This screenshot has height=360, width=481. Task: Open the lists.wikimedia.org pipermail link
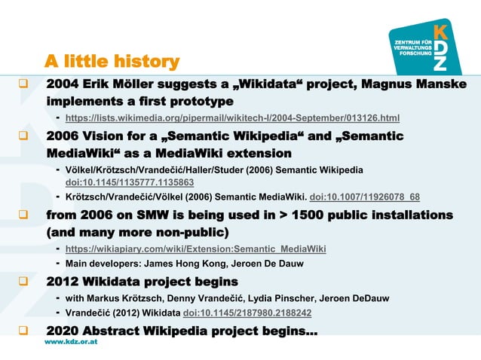coord(232,118)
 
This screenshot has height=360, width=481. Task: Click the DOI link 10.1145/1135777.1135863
coord(130,182)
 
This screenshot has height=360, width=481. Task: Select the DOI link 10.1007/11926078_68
coord(364,197)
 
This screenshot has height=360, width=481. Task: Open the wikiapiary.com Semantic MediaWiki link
coord(196,248)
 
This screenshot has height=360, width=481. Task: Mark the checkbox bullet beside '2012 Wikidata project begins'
coord(24,282)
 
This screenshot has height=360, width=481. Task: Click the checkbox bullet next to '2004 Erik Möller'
coord(24,84)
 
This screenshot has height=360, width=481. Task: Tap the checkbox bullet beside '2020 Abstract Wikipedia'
coord(24,331)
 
